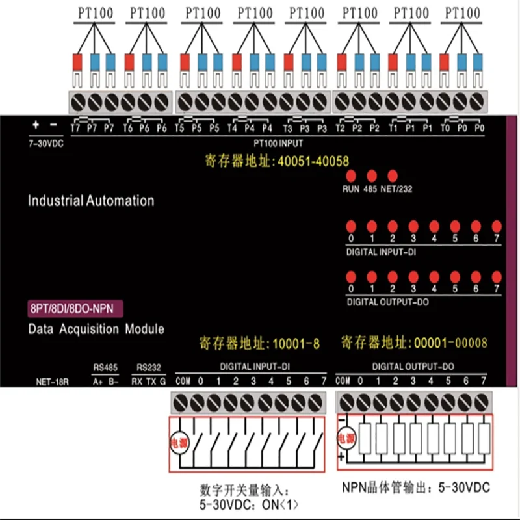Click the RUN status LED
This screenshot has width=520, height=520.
pyautogui.click(x=350, y=176)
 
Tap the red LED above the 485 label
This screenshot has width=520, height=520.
pyautogui.click(x=372, y=176)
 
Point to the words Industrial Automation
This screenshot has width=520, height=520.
pyautogui.click(x=91, y=201)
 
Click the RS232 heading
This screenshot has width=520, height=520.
pyautogui.click(x=149, y=367)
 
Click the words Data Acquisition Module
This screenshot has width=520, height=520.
pyautogui.click(x=96, y=329)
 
